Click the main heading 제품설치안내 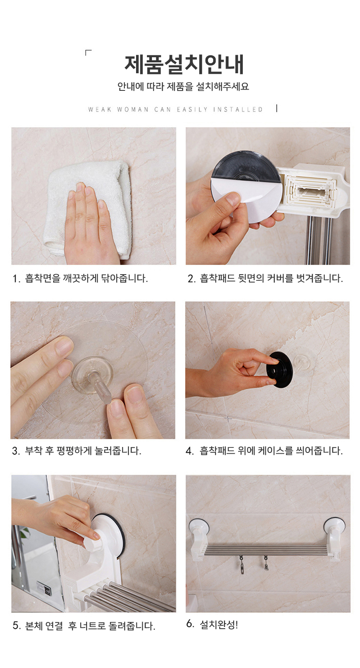[x=184, y=64]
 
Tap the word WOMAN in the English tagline [x=132, y=109]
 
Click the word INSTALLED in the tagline [x=238, y=109]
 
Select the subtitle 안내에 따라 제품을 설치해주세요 [x=183, y=87]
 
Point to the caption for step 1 [x=80, y=278]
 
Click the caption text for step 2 [x=265, y=278]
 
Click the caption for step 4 [x=264, y=451]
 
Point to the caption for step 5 [x=84, y=625]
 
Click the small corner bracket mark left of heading [x=88, y=53]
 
